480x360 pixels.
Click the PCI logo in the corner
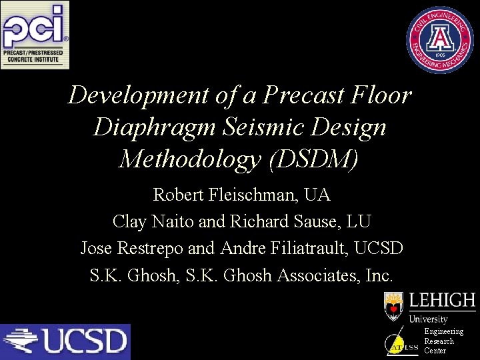coord(35,35)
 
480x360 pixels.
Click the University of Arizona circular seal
coord(441,40)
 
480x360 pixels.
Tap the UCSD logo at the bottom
coord(65,341)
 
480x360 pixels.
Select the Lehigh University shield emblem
coord(394,306)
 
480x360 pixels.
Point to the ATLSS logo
coord(403,343)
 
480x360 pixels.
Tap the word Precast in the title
coord(303,95)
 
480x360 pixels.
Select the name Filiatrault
coord(309,248)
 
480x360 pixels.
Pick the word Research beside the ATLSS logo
coord(439,341)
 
